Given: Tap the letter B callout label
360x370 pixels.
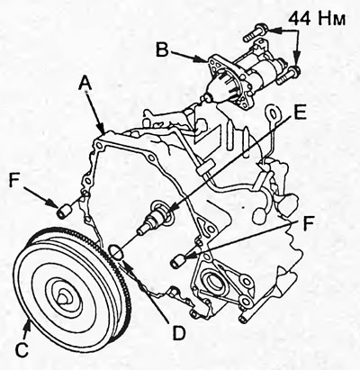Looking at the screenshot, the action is pyautogui.click(x=162, y=50).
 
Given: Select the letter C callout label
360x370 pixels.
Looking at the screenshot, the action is pyautogui.click(x=22, y=349).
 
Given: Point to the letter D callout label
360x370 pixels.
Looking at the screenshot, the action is pyautogui.click(x=179, y=333).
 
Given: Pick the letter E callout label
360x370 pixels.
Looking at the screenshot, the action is pyautogui.click(x=300, y=112).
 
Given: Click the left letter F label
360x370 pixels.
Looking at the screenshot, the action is pyautogui.click(x=14, y=180).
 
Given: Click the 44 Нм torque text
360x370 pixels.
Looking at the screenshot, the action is pyautogui.click(x=317, y=19).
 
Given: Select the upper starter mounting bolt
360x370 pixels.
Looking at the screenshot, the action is pyautogui.click(x=255, y=33).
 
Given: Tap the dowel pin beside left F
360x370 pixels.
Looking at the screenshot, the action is pyautogui.click(x=64, y=211).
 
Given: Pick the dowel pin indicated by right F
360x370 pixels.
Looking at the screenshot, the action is pyautogui.click(x=178, y=260).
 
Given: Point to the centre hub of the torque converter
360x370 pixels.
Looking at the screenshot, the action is pyautogui.click(x=64, y=295).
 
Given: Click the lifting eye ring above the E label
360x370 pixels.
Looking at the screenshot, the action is pyautogui.click(x=273, y=114).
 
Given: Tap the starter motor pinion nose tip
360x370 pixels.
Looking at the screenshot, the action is pyautogui.click(x=207, y=98).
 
